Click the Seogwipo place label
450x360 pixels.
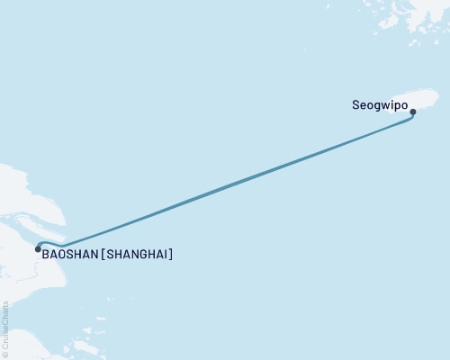pyautogui.click(x=378, y=105)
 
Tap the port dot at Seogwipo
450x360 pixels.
pyautogui.click(x=413, y=112)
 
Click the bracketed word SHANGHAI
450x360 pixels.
pyautogui.click(x=139, y=255)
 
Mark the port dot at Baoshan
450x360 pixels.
pyautogui.click(x=37, y=248)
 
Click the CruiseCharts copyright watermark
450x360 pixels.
pyautogui.click(x=5, y=329)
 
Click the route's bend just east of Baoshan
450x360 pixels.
pyautogui.click(x=61, y=246)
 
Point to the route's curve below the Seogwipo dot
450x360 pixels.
pyautogui.click(x=411, y=120)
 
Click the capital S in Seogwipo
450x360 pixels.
pyautogui.click(x=355, y=105)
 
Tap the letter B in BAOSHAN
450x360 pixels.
pyautogui.click(x=45, y=255)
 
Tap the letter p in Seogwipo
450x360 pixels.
pyautogui.click(x=396, y=106)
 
